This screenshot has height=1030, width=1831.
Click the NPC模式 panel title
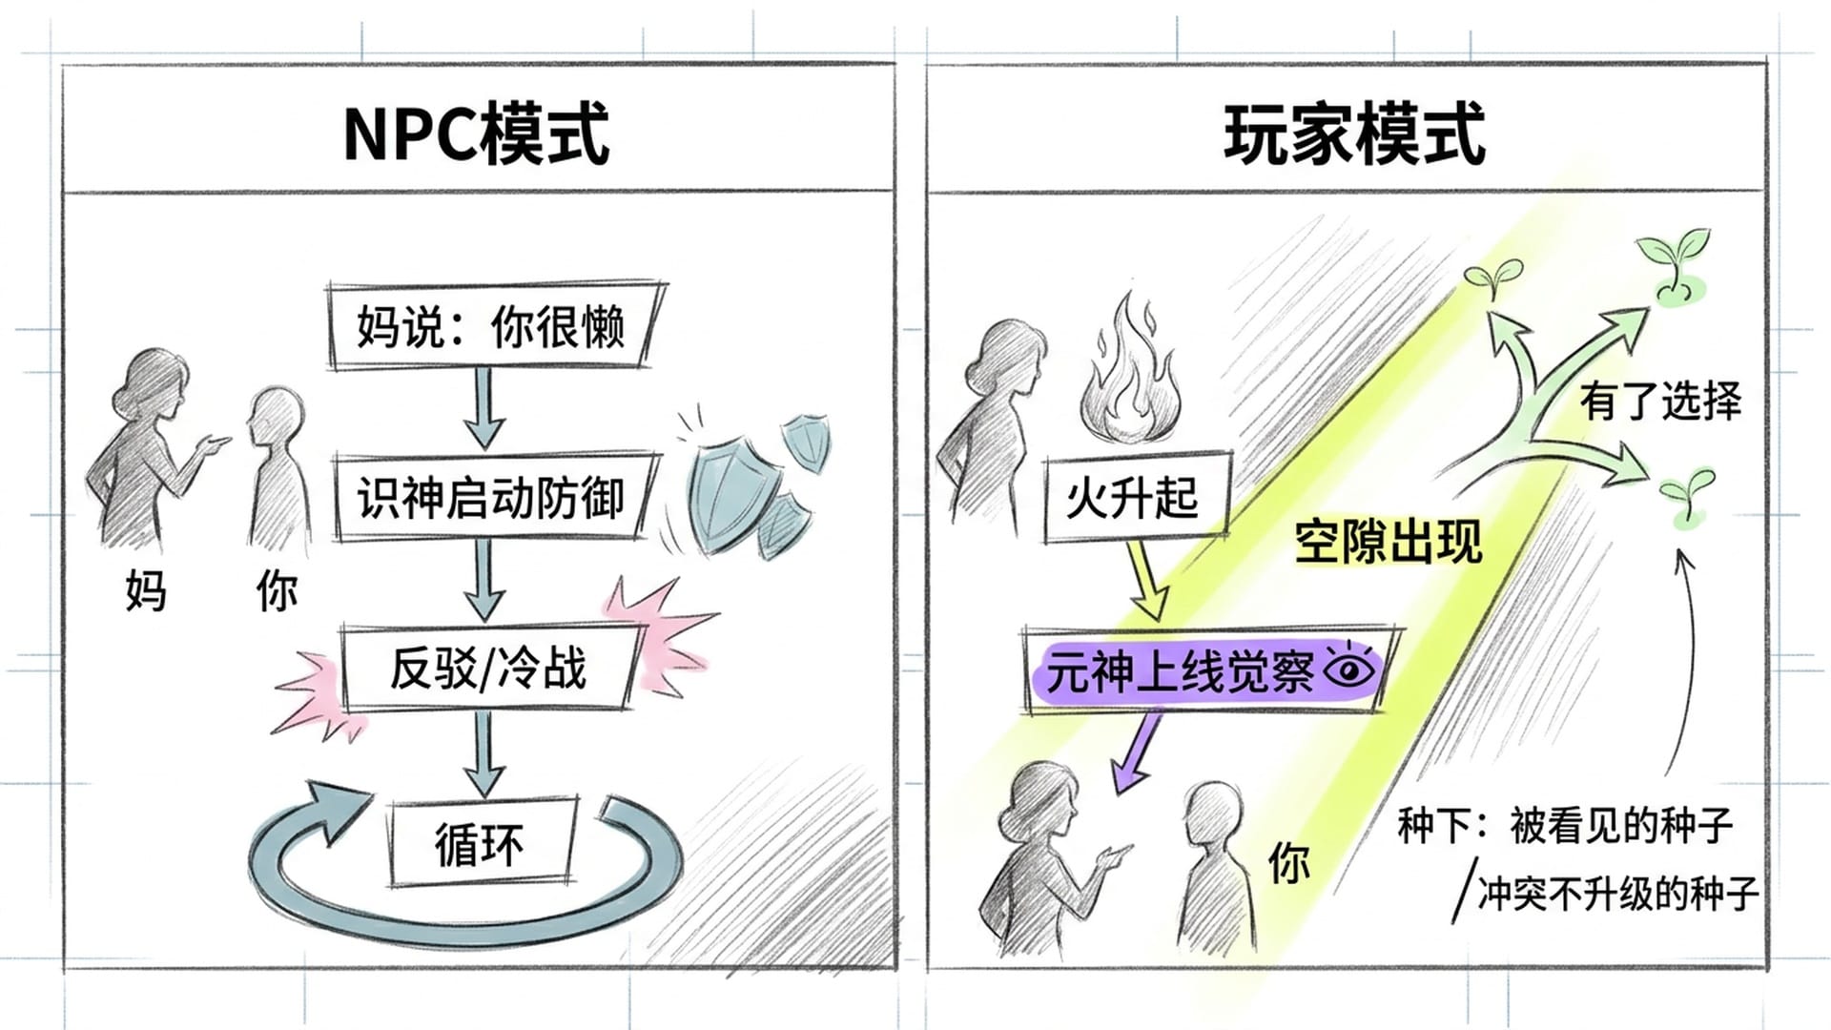click(476, 134)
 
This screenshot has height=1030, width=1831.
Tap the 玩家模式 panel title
click(1354, 134)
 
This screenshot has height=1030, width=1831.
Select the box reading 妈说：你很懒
click(491, 326)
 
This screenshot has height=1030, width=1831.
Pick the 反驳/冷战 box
click(487, 668)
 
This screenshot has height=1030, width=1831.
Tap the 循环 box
click(480, 844)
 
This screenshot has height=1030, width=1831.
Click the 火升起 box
click(1133, 498)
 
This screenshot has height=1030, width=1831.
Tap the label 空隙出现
click(1388, 542)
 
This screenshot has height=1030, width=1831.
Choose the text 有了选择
click(1660, 400)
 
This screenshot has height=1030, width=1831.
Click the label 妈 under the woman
click(145, 591)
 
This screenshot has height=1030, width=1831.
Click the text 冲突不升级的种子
click(1616, 895)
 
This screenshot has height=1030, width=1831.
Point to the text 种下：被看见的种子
click(1564, 826)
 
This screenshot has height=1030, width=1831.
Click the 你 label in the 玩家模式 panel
click(1288, 862)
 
